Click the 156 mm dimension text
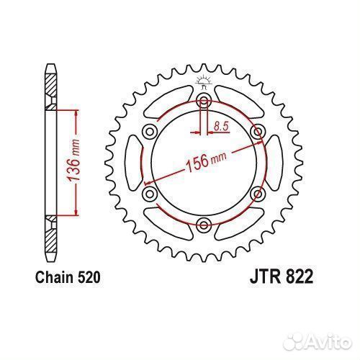[206, 161]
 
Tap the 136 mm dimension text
[73, 160]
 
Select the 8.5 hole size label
[221, 126]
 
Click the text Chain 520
[68, 277]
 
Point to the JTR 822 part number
[282, 276]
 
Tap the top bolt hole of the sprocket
[204, 101]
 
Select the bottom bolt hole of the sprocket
[204, 225]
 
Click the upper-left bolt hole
[150, 132]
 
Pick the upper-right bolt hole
[258, 132]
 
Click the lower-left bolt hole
[150, 194]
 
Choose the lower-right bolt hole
[258, 194]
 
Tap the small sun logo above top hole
[204, 81]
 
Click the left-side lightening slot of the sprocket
[133, 162]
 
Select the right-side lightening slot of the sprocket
[274, 163]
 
